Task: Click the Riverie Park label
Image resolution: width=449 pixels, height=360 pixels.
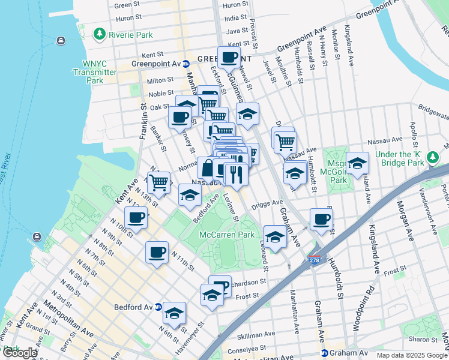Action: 130,35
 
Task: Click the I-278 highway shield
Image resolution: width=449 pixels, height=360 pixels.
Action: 315,259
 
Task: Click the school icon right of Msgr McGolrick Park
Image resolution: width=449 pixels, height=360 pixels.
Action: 357,164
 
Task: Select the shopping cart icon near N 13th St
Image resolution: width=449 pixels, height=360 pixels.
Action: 158,181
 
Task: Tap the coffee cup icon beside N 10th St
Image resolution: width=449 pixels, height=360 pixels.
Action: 135,218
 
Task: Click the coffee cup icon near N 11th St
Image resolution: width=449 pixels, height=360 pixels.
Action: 157,252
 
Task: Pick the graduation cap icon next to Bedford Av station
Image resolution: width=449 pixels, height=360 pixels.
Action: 175,313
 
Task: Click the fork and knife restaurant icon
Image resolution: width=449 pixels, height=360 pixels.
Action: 237,175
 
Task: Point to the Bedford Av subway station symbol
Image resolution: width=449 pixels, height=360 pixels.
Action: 158,307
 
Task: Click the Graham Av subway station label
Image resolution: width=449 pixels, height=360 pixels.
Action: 347,353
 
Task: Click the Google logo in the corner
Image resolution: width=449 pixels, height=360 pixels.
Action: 19,353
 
